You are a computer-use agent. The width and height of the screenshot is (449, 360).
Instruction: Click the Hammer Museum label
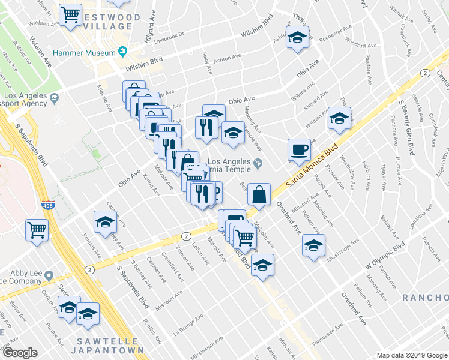coord(84,53)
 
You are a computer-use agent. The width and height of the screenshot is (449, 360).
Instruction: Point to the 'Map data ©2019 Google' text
coord(411,355)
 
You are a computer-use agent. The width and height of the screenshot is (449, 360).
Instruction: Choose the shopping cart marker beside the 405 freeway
coord(37,229)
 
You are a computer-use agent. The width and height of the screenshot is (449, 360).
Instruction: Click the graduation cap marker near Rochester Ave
coord(297,37)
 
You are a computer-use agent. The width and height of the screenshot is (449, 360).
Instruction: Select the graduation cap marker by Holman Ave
coord(339,118)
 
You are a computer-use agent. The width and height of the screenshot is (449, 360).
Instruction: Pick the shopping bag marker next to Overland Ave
coord(259,194)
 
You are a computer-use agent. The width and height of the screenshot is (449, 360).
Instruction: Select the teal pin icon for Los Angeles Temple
coord(258,162)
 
